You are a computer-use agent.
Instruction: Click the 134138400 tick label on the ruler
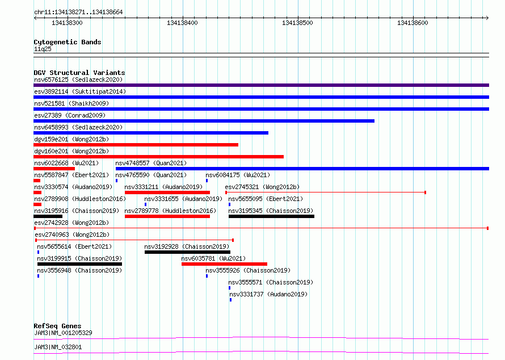[x=182, y=23]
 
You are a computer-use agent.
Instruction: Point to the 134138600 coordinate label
[x=413, y=23]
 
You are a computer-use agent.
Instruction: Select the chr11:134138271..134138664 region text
[x=78, y=12]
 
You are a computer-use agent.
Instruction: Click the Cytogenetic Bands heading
[x=68, y=42]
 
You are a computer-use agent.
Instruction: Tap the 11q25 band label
[x=43, y=49]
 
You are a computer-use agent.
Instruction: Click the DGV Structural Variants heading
[x=79, y=73]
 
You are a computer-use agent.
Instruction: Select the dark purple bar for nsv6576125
[x=261, y=85]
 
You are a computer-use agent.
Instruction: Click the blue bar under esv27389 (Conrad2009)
[x=204, y=121]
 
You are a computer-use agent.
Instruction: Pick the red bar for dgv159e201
[x=136, y=145]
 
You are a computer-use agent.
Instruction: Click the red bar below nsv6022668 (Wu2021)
[x=54, y=169]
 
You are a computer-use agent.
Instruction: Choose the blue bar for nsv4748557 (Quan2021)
[x=302, y=169]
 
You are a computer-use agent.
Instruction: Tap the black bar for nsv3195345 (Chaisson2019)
[x=271, y=216]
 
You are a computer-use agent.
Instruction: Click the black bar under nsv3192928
[x=187, y=252]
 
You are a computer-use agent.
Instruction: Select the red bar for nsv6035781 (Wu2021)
[x=225, y=264]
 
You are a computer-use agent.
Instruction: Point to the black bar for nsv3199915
[x=79, y=264]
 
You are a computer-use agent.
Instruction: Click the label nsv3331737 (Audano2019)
[x=268, y=294]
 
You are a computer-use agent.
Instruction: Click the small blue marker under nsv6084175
[x=207, y=181]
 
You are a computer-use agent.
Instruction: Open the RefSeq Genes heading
[x=58, y=326]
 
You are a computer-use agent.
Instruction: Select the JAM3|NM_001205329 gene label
[x=63, y=333]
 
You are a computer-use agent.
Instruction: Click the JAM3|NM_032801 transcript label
[x=58, y=347]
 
